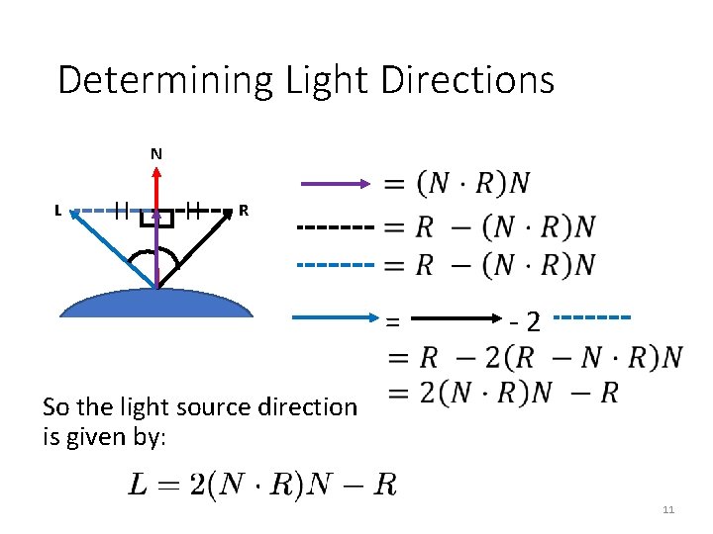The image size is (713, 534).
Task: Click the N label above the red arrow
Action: pos(156,153)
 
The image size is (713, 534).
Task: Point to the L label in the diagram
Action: pos(58,210)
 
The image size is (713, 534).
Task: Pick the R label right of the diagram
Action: pos(244,210)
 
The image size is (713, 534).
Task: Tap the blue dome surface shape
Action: pos(156,302)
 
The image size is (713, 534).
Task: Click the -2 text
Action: pos(525,320)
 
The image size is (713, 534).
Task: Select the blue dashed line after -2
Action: pos(593,317)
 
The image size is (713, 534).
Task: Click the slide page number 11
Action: pos(668,509)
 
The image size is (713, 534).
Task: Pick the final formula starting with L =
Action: pos(262,484)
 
